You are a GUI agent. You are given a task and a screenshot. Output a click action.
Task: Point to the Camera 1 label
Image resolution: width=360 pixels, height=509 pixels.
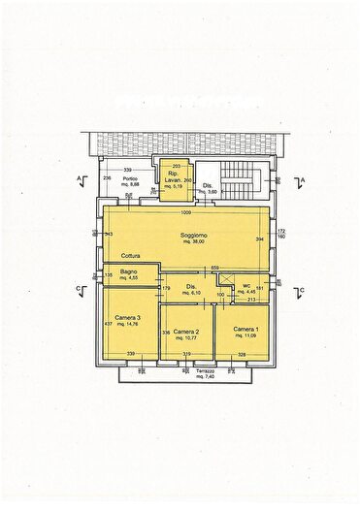245,330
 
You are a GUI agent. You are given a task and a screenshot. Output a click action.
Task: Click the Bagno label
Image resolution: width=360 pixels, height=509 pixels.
127,271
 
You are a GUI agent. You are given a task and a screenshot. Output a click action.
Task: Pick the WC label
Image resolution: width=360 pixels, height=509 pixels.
246,285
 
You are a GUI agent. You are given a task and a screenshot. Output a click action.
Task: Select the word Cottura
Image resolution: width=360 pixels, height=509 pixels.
117,257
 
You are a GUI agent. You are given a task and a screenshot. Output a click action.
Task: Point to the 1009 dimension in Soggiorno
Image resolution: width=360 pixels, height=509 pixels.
185,212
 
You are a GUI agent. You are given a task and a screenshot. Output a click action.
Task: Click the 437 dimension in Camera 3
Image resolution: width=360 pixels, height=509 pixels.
108,324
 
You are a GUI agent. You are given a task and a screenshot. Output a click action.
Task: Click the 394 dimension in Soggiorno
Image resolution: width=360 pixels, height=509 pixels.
259,239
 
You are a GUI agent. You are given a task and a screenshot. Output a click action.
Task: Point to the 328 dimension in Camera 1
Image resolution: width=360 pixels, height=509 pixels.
243,355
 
